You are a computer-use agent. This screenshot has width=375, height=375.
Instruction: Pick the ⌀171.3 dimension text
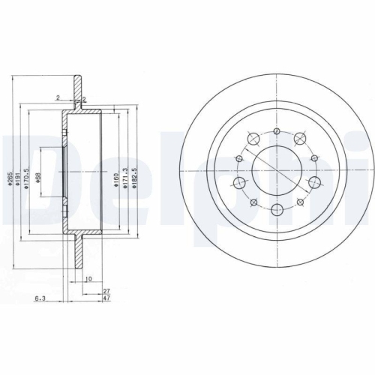(x=124, y=180)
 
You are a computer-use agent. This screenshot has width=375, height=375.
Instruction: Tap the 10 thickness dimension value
(x=88, y=279)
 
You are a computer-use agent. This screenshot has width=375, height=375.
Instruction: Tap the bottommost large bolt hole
(x=277, y=211)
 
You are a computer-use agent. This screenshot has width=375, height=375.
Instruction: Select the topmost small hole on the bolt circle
(x=277, y=132)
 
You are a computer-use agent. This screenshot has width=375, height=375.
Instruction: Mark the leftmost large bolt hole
(x=241, y=184)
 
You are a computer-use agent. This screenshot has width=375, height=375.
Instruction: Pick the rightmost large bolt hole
(x=313, y=184)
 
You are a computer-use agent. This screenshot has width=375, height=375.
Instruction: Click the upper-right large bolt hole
(x=301, y=138)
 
